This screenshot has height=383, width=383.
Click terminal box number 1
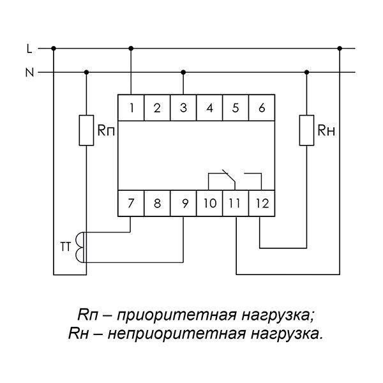click(x=131, y=107)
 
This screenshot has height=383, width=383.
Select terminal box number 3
click(x=183, y=107)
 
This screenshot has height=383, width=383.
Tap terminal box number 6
click(x=262, y=107)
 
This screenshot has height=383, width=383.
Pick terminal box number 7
click(x=131, y=203)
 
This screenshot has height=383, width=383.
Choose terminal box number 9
click(x=183, y=203)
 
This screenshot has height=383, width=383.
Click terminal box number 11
click(x=236, y=203)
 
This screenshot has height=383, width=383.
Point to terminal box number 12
click(x=262, y=203)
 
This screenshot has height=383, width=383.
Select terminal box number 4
click(x=209, y=107)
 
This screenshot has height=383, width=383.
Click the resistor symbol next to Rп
click(x=86, y=130)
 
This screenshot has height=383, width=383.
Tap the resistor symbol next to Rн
click(x=307, y=130)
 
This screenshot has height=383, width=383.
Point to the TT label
click(x=65, y=246)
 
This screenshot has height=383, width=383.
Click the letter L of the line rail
click(x=29, y=49)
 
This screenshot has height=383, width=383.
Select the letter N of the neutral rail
click(x=29, y=73)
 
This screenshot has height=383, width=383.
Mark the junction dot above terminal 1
click(x=131, y=49)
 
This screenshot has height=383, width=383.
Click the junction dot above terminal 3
click(x=183, y=72)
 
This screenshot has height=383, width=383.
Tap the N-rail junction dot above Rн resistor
click(x=307, y=72)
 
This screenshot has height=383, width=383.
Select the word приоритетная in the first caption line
click(x=177, y=315)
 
